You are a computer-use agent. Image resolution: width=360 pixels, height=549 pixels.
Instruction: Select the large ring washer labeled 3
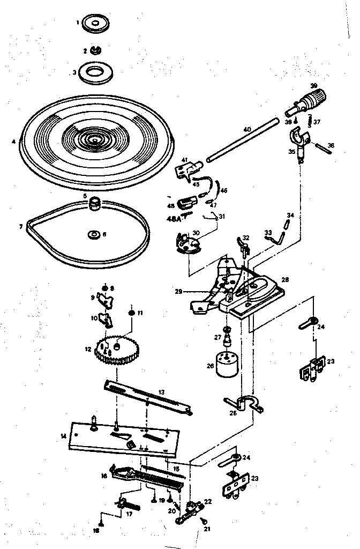[97, 72]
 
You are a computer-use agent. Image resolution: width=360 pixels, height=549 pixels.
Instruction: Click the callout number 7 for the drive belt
[21, 227]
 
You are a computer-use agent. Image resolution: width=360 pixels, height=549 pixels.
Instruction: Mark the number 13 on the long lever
[161, 391]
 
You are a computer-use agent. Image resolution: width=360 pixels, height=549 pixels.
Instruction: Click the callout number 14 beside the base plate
[63, 436]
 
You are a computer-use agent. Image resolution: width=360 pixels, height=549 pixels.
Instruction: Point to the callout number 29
[179, 292]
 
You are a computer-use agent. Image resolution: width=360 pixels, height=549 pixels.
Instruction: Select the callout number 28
[285, 280]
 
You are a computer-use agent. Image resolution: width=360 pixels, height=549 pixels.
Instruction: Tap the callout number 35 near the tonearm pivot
[291, 152]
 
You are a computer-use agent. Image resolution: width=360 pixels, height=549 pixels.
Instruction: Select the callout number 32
[246, 238]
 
